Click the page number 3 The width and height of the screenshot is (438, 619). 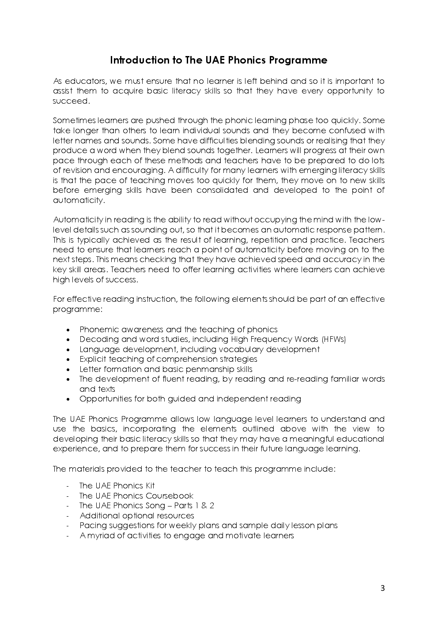(x=382, y=588)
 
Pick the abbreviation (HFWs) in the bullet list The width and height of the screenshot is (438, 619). (x=334, y=339)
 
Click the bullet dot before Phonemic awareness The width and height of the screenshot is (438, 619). (x=68, y=330)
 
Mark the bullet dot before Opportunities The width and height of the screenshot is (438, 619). (x=68, y=399)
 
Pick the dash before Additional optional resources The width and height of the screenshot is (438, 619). (x=68, y=516)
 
